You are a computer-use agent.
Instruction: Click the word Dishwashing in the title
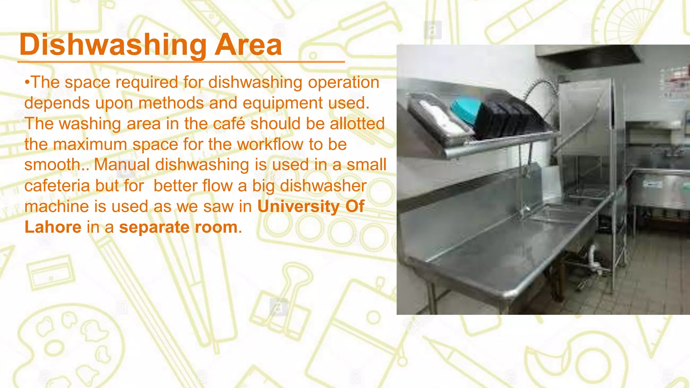click(x=113, y=45)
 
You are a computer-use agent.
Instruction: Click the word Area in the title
click(x=248, y=45)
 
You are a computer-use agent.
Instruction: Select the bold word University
click(x=299, y=206)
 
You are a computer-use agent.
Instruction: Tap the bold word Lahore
click(x=53, y=227)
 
